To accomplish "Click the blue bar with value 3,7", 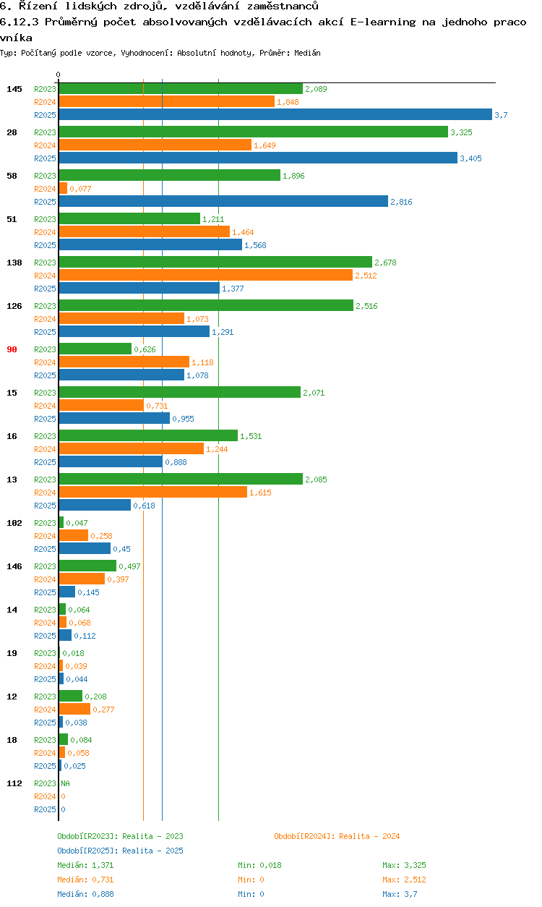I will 275,114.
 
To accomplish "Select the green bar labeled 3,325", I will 253,132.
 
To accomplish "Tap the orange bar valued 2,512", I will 205,275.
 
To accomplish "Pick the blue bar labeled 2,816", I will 223,201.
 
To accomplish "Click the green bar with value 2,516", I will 205,305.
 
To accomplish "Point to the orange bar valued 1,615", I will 152,492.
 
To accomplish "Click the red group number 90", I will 12,349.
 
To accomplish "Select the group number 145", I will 14,89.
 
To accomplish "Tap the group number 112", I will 14,783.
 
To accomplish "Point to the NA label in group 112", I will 65,783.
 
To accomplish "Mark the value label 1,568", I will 255,245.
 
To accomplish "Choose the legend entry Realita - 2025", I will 152,851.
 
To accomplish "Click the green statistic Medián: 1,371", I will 85,865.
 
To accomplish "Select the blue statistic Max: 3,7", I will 400,894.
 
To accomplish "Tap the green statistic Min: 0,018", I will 259,865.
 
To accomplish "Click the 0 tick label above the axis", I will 59,74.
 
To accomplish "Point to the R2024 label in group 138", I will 45,276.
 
